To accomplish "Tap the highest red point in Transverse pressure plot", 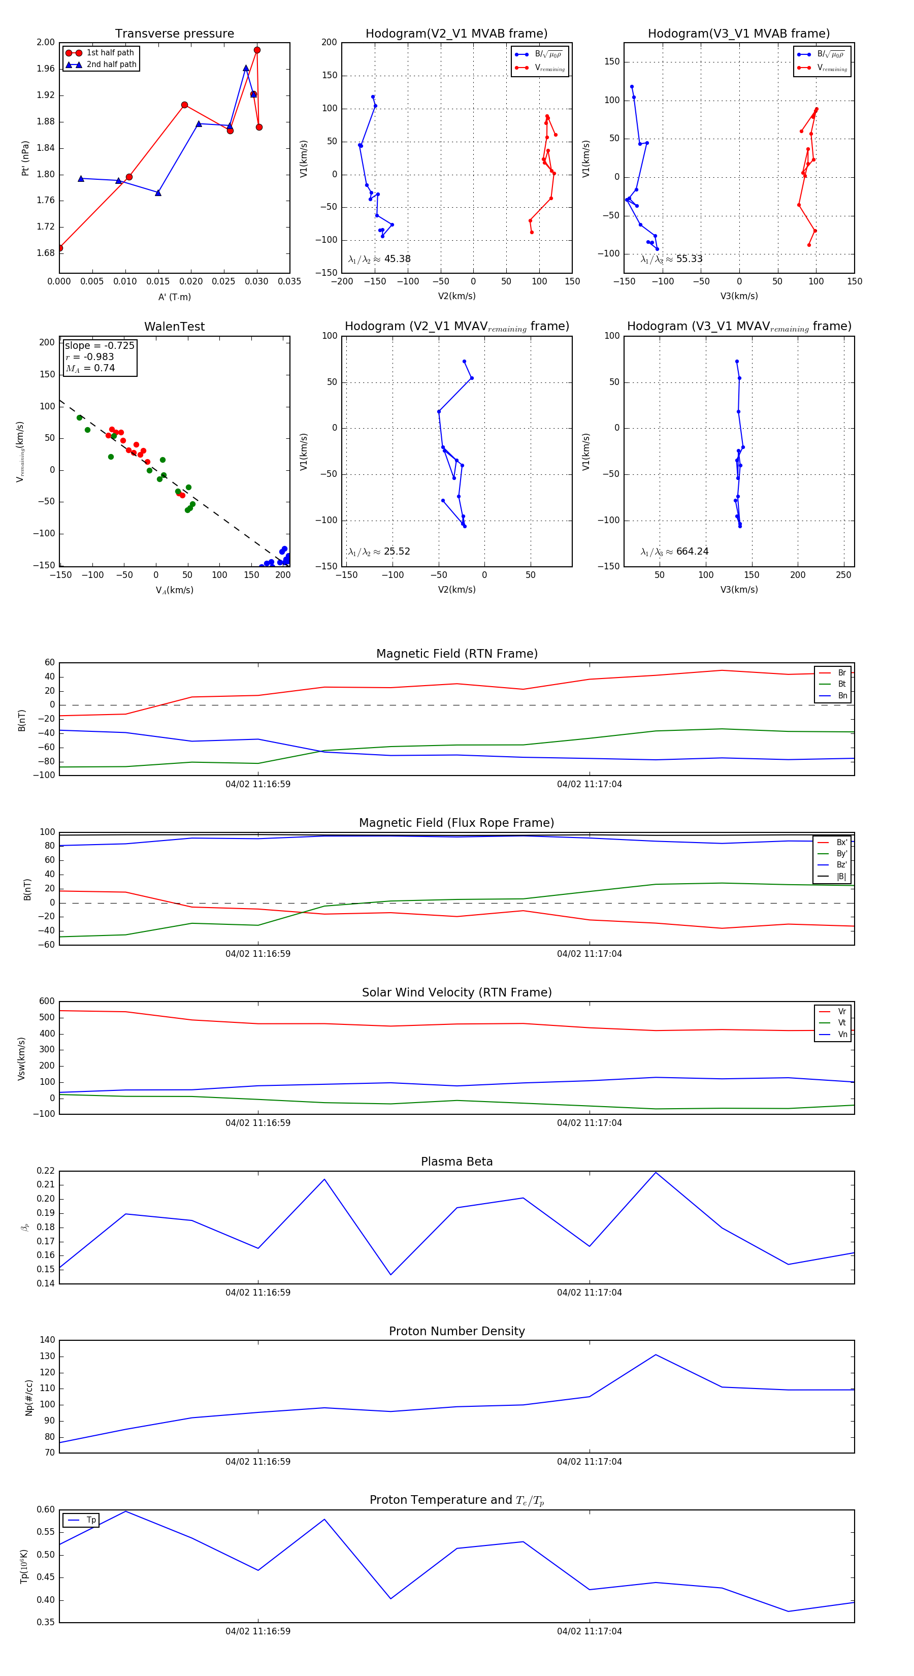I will (x=257, y=50).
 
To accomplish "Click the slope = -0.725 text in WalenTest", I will (x=100, y=345).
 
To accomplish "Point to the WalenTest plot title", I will (x=174, y=327).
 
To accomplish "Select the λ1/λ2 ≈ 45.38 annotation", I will (x=379, y=259).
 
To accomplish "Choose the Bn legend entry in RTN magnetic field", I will (x=842, y=695).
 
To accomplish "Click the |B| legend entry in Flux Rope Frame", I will (x=841, y=877).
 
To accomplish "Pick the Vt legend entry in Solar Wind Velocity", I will (x=842, y=1023).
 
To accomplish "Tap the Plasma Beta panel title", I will (x=456, y=1162).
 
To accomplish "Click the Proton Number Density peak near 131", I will (x=656, y=1355).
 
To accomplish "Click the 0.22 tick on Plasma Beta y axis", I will (x=46, y=1171).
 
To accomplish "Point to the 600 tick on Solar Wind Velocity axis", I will (x=47, y=1002).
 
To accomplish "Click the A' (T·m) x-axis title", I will (x=174, y=297).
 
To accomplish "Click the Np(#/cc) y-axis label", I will (x=28, y=1398).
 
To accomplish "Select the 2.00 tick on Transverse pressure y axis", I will (x=46, y=42).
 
